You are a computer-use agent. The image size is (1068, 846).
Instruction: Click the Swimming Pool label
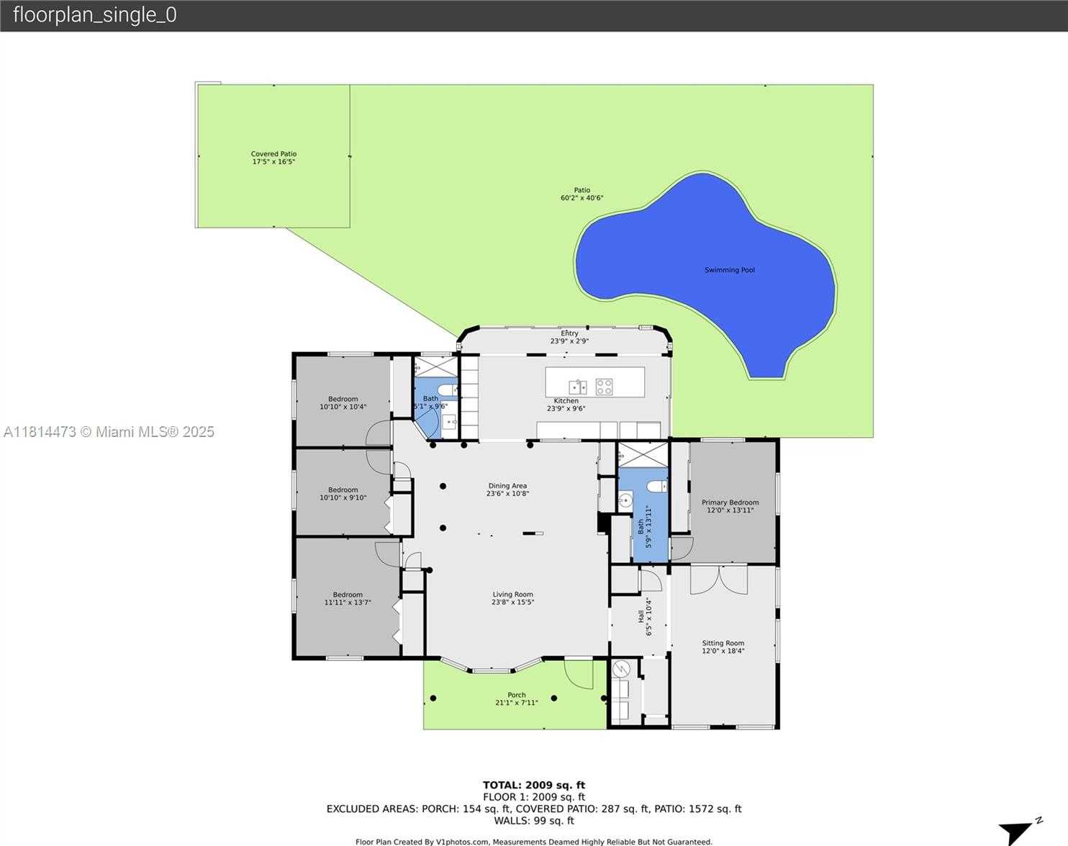pos(729,270)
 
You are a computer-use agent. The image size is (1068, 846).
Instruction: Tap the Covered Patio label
pos(273,154)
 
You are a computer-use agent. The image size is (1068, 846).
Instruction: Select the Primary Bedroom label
pos(730,503)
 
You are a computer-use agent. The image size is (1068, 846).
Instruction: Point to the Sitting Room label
pos(723,643)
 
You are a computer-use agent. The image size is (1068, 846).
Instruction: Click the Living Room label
pos(512,595)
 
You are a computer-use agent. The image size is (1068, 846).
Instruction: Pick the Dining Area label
pos(507,486)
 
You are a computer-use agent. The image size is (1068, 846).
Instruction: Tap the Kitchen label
pos(566,401)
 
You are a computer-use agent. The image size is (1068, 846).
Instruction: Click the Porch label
pos(516,695)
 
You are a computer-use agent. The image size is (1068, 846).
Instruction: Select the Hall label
pos(641,617)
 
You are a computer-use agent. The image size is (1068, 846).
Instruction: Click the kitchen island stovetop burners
pos(604,387)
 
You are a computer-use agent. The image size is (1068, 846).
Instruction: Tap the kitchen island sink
pos(577,387)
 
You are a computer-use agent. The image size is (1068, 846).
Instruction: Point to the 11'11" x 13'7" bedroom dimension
pos(348,603)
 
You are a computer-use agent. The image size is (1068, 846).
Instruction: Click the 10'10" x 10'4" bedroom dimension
pos(343,407)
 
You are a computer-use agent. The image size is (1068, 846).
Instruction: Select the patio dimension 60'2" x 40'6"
pos(581,198)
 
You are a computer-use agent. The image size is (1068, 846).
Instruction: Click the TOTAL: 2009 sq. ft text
pos(533,785)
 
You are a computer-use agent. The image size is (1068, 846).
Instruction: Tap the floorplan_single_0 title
pos(94,15)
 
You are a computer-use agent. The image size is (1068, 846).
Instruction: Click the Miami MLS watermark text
pos(109,432)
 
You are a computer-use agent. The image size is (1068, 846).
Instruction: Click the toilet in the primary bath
pos(656,487)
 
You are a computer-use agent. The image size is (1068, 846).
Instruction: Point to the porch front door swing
pos(577,673)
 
